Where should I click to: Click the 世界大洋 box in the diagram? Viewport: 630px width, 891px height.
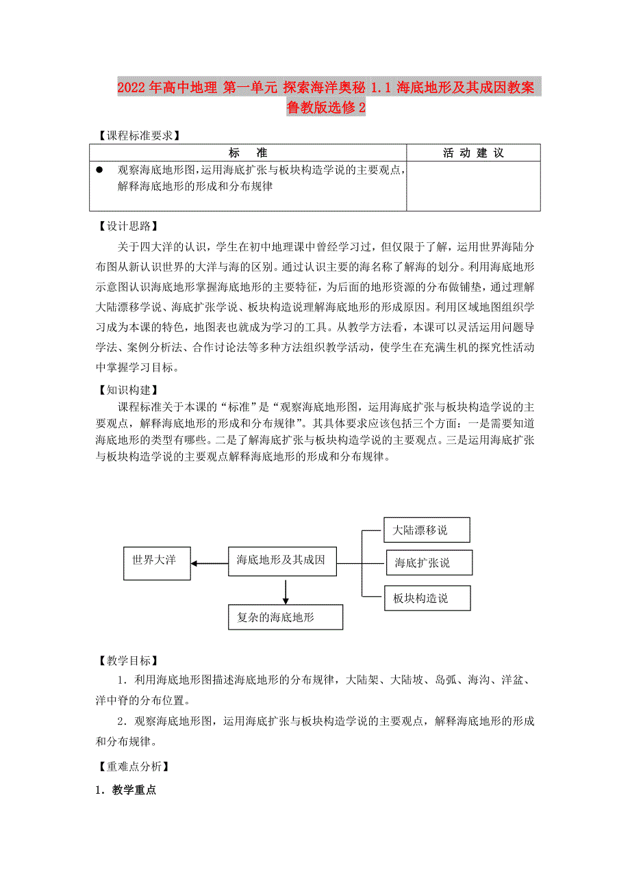[157, 563]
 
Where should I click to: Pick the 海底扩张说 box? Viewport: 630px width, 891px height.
[428, 563]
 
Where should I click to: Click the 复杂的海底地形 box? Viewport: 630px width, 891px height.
[285, 617]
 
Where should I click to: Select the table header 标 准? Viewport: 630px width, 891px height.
[247, 153]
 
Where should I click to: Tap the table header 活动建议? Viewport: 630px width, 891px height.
[473, 153]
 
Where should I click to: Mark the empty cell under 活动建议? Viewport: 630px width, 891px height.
[473, 185]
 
